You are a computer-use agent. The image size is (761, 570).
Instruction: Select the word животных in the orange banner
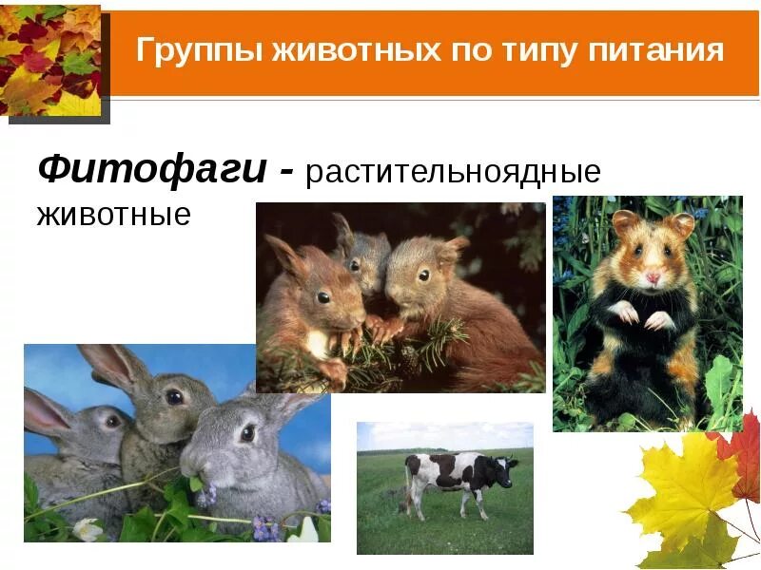click(339, 49)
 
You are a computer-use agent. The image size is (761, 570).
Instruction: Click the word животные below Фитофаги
click(113, 214)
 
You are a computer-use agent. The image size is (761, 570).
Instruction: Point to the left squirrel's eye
click(323, 297)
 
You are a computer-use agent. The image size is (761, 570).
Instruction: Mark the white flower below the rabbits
click(88, 529)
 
